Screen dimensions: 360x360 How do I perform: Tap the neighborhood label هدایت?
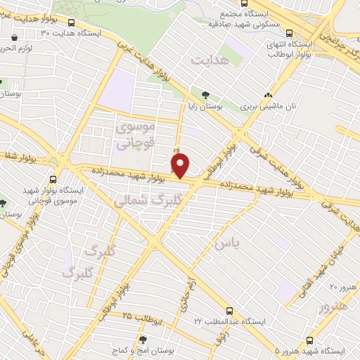[x=210, y=62]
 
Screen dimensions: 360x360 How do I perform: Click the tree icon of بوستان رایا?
[x=205, y=94]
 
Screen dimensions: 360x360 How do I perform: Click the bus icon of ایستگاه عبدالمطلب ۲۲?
[x=229, y=309]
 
